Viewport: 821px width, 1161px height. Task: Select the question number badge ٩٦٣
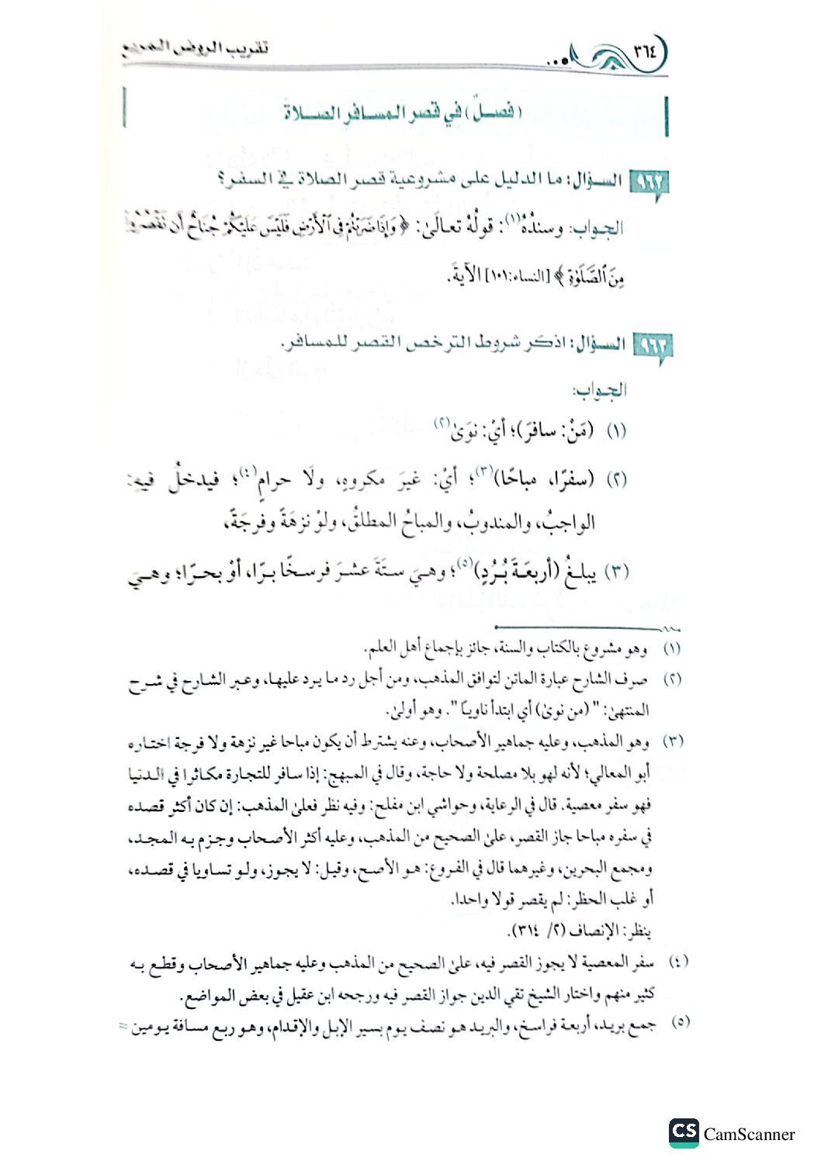652,345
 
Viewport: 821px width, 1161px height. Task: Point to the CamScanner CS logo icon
683,1132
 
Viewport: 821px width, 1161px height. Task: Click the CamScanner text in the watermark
749,1135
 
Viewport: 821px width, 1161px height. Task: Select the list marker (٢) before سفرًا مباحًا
615,480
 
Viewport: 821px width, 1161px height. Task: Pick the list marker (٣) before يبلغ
615,573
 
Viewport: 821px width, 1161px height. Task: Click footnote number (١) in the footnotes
672,647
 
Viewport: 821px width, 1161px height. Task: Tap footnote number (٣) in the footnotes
672,741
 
